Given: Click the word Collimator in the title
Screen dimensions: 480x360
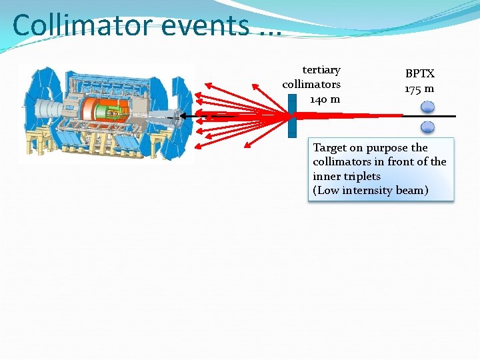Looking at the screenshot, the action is coord(83,25).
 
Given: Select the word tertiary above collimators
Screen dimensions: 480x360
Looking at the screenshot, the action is coord(321,70).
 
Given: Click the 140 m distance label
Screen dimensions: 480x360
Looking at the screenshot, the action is coord(325,99).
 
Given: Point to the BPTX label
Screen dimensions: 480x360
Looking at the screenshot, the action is coord(419,74).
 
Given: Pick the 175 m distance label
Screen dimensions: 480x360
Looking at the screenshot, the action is coord(419,89).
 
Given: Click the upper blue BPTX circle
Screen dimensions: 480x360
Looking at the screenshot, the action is coord(428,106).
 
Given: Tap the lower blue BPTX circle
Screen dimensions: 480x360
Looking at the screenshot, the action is coord(428,127).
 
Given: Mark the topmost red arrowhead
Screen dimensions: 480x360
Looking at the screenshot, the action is coord(207,84).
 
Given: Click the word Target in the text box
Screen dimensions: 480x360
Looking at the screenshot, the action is coord(330,147).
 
